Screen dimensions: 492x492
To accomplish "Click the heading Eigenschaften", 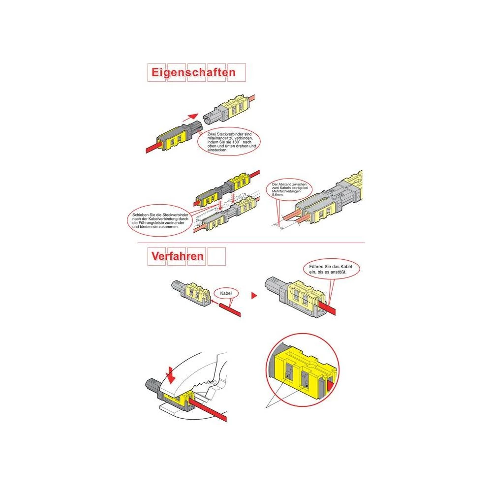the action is tap(193, 72).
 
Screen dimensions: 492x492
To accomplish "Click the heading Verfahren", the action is tap(177, 256).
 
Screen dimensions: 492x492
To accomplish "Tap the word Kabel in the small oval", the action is tap(226, 293).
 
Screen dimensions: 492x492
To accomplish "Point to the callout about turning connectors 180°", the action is tap(229, 142).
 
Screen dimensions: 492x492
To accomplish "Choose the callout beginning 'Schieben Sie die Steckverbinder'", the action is tap(160, 220).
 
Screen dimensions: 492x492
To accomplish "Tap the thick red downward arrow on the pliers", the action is tap(171, 374).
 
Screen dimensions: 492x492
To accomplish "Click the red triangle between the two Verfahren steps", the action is tap(254, 296).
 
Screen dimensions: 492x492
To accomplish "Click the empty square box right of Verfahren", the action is tap(216, 256).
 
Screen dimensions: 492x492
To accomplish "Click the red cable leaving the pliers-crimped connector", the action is tap(209, 410).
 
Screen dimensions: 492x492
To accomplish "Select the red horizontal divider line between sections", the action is tap(251, 243).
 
